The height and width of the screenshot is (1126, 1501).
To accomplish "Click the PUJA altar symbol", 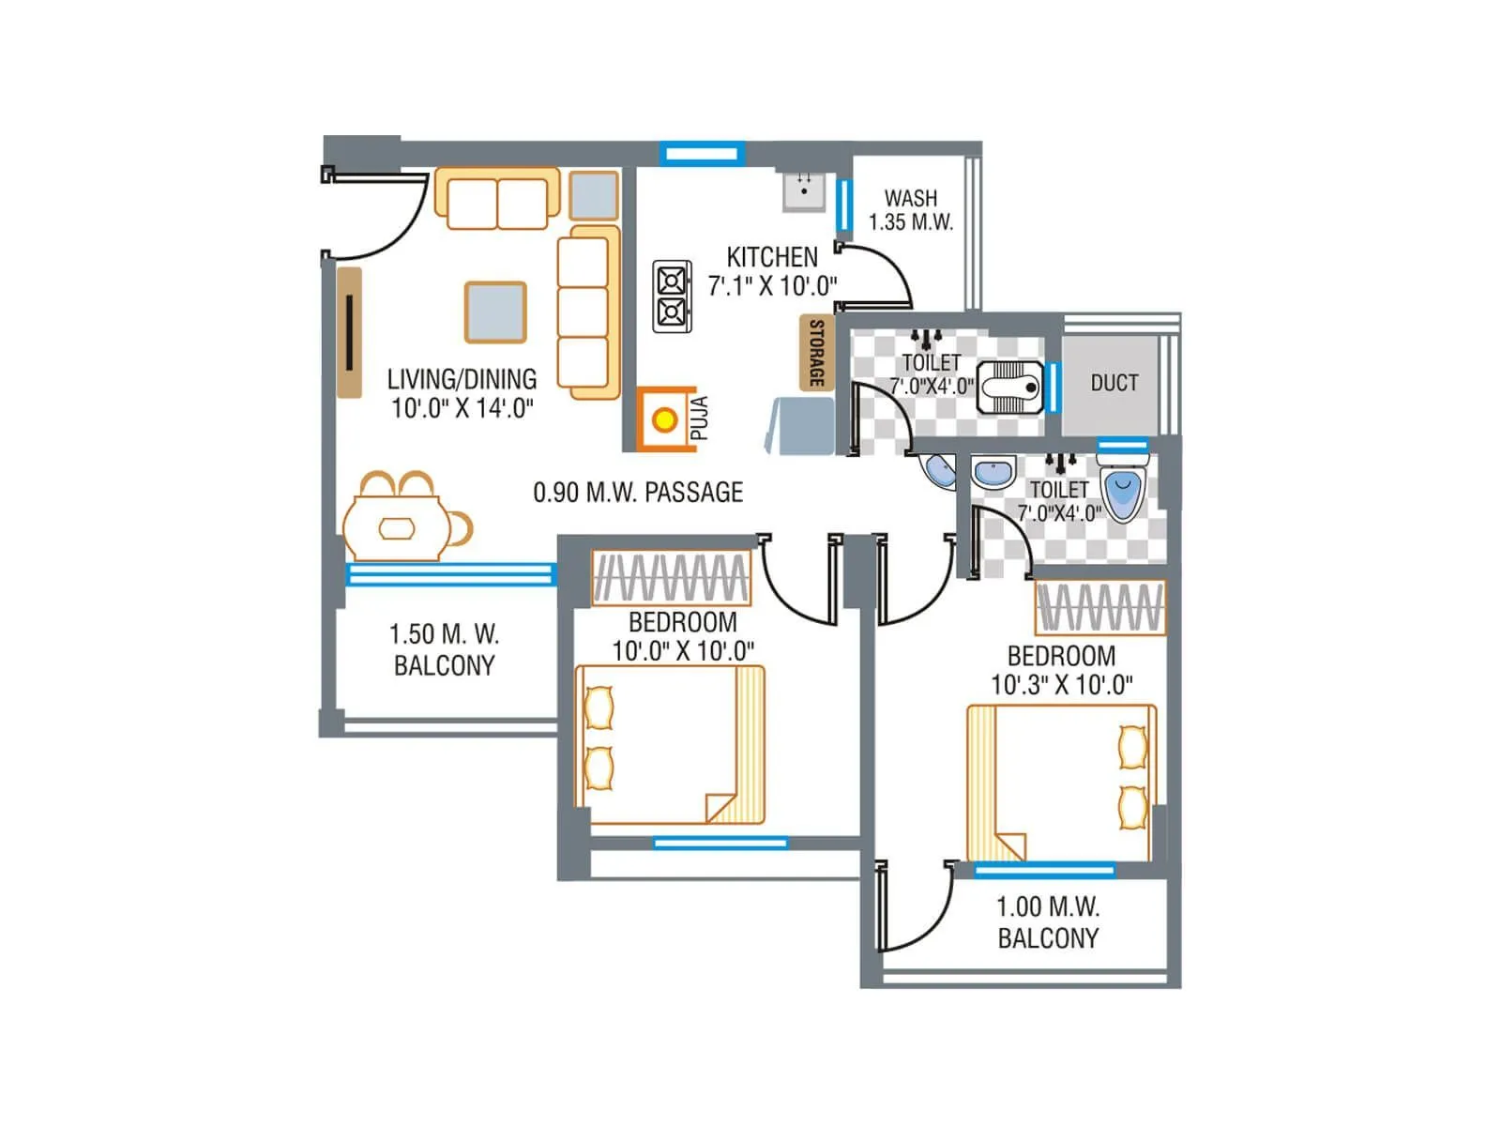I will (x=665, y=419).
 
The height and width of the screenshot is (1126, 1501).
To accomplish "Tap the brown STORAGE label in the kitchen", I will (x=816, y=353).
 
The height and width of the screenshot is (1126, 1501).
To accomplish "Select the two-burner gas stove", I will (x=673, y=297).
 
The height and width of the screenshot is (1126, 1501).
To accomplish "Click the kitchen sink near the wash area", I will (x=804, y=191).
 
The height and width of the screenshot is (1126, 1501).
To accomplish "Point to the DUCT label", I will (x=1114, y=383).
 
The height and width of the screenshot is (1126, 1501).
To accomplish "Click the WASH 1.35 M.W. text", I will (x=910, y=210).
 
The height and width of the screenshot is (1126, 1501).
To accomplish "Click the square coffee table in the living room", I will (x=495, y=312).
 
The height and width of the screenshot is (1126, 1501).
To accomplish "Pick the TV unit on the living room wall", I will (x=349, y=332).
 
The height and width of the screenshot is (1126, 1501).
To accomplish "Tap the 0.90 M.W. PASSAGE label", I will (x=638, y=492).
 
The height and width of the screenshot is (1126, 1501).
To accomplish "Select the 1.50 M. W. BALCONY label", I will (x=444, y=649).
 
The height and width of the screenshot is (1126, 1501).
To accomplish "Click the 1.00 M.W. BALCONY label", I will (x=1047, y=921).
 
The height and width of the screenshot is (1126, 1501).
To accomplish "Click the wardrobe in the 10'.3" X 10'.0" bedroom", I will (x=1099, y=607).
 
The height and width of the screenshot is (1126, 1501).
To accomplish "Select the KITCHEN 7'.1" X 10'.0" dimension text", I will (x=772, y=271).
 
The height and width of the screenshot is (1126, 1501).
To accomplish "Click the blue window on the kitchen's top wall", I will (x=702, y=153).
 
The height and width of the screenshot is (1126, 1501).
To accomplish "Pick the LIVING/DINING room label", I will (x=462, y=392).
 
